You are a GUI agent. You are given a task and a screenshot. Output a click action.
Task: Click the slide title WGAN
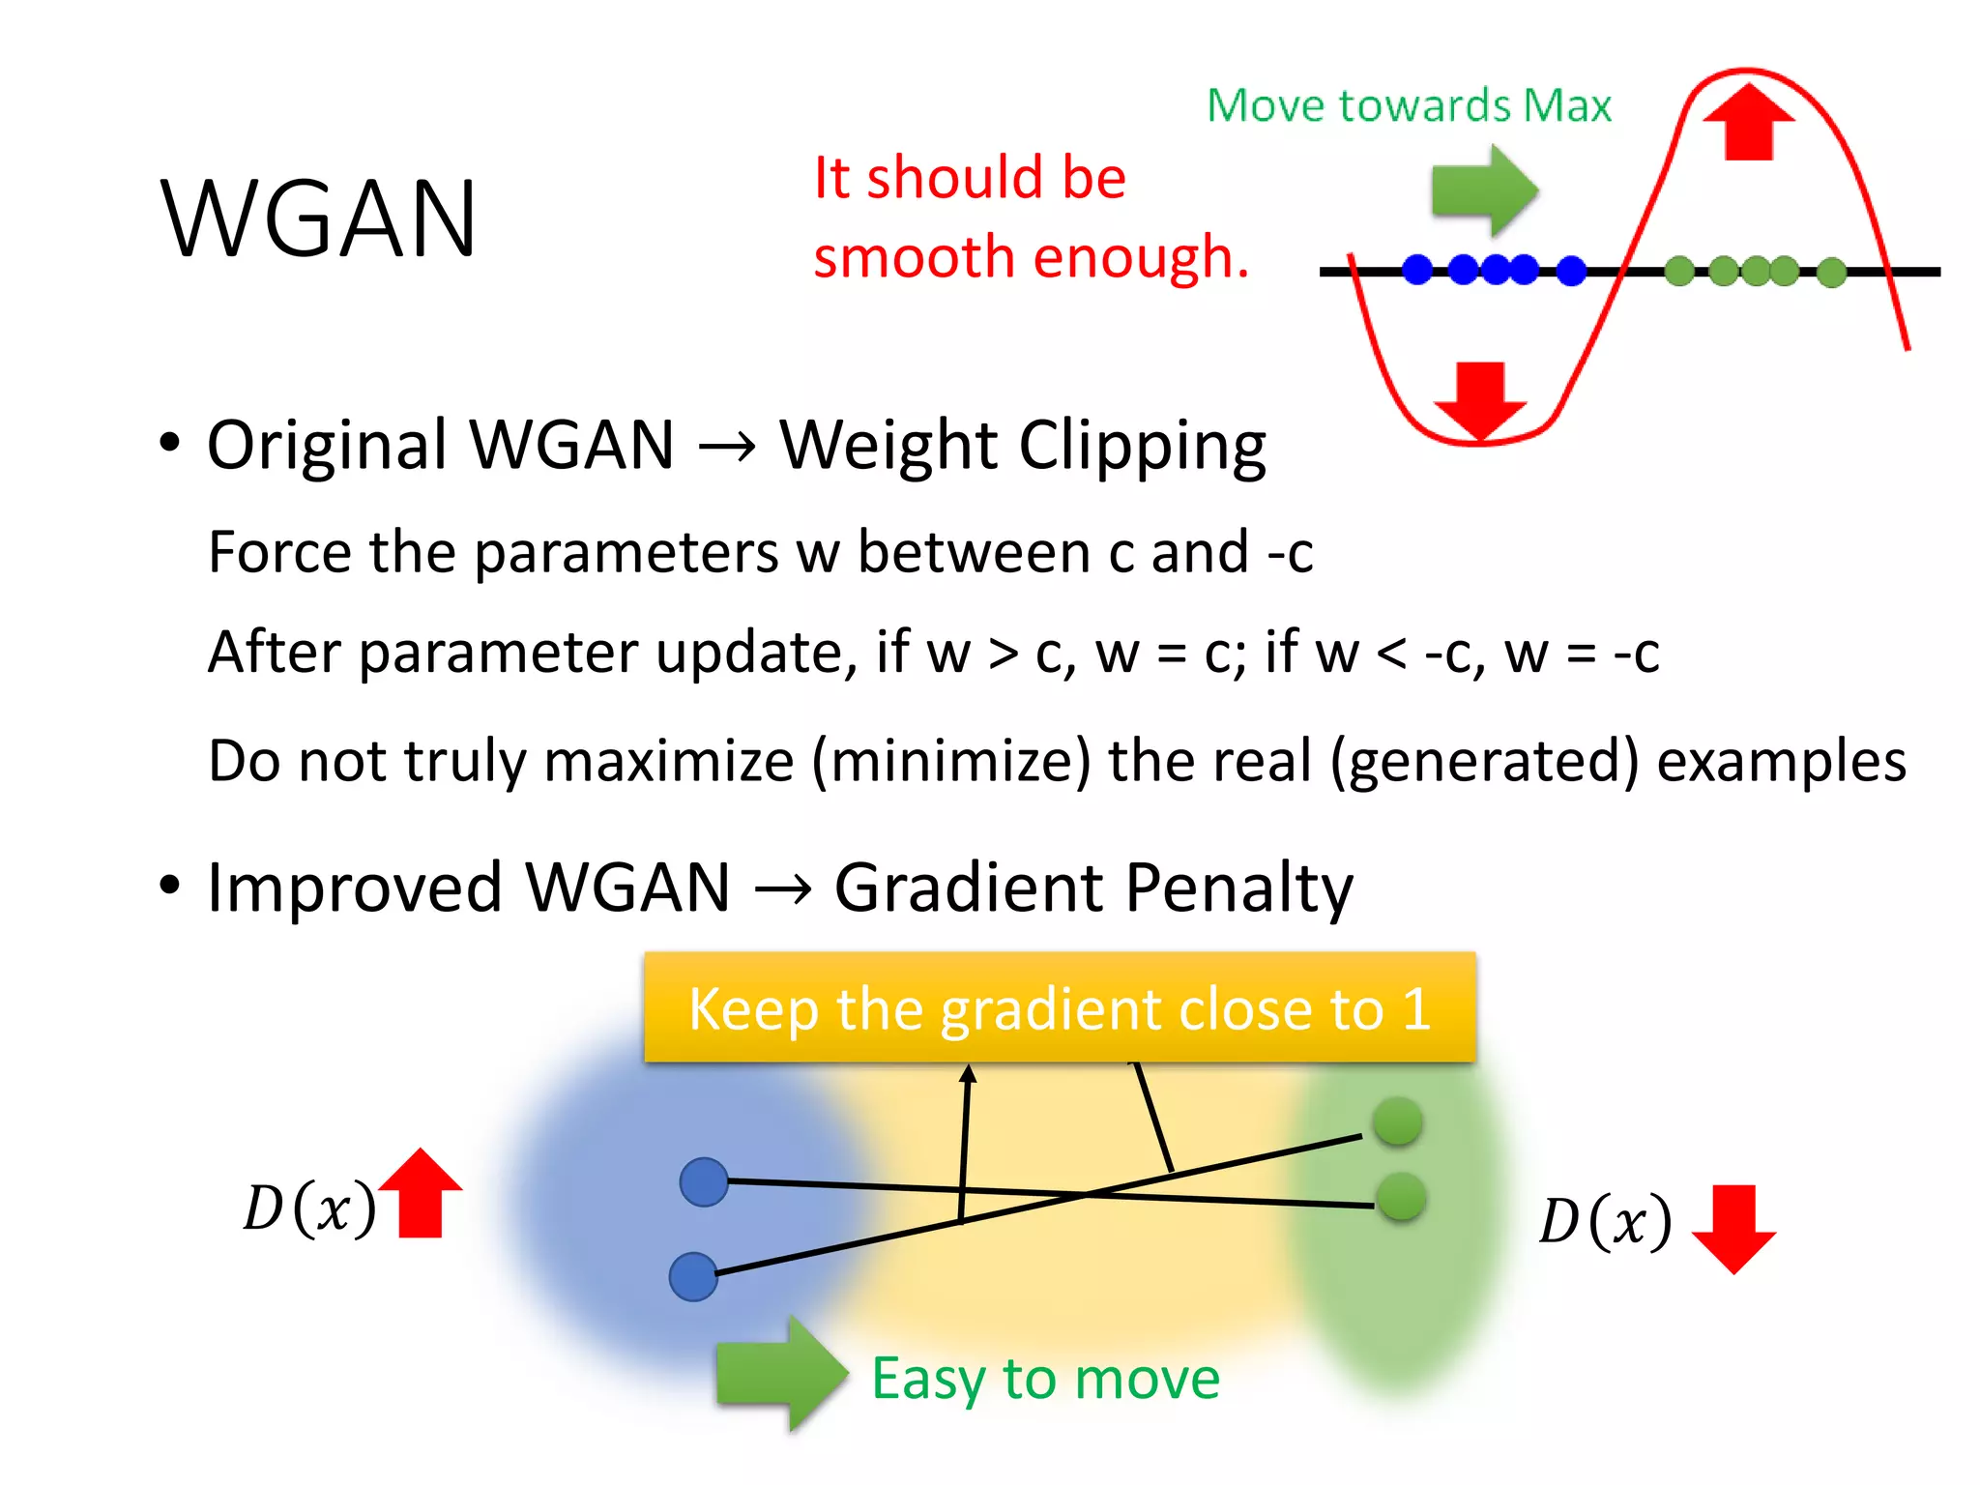[x=319, y=220]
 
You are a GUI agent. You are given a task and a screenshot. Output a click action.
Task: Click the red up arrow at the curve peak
[x=1748, y=122]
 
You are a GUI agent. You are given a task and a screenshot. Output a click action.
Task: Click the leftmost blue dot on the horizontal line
[x=1417, y=270]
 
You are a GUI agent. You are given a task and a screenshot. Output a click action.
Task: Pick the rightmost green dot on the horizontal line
[x=1831, y=273]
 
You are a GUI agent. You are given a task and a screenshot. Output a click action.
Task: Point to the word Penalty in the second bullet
[x=1239, y=888]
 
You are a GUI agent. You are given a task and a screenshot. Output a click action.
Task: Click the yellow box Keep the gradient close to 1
[x=1060, y=1007]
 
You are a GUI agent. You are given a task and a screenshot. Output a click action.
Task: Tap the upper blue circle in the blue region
[x=704, y=1181]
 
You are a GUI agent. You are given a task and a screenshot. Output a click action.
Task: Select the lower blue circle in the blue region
[x=693, y=1276]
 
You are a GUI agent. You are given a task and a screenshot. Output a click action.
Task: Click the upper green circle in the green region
[x=1397, y=1121]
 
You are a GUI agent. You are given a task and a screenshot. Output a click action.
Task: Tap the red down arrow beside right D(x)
[x=1733, y=1229]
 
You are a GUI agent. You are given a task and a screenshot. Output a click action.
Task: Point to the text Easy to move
[x=1045, y=1379]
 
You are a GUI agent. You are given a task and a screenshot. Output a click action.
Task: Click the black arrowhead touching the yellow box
[x=968, y=1073]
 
